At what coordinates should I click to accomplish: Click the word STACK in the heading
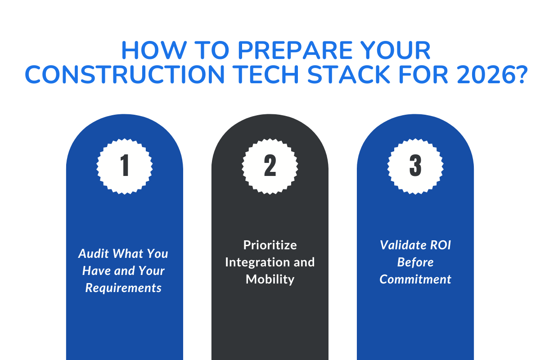tap(337, 74)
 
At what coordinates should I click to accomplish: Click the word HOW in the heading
tap(148, 51)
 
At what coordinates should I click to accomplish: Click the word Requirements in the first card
tap(123, 288)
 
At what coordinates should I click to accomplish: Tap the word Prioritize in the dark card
tap(270, 245)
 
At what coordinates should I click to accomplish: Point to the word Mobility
tap(270, 279)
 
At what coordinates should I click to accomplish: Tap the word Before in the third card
tap(415, 262)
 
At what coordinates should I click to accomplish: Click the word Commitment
tap(415, 279)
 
